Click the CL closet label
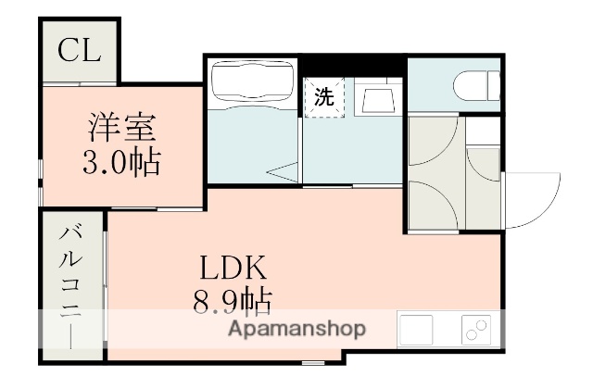pyautogui.click(x=78, y=52)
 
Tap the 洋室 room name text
pyautogui.click(x=122, y=127)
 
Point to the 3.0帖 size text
pyautogui.click(x=121, y=163)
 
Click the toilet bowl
pyautogui.click(x=476, y=86)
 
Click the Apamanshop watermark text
pyautogui.click(x=296, y=330)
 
